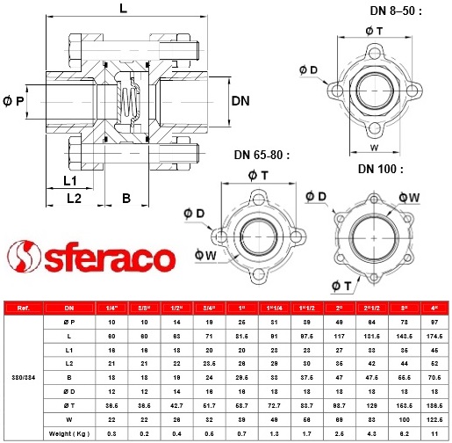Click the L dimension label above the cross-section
click(122, 9)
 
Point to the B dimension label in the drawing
click(126, 199)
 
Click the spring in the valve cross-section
click(129, 102)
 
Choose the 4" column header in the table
click(433, 309)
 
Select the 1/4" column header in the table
click(111, 309)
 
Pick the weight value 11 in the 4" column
click(433, 433)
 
